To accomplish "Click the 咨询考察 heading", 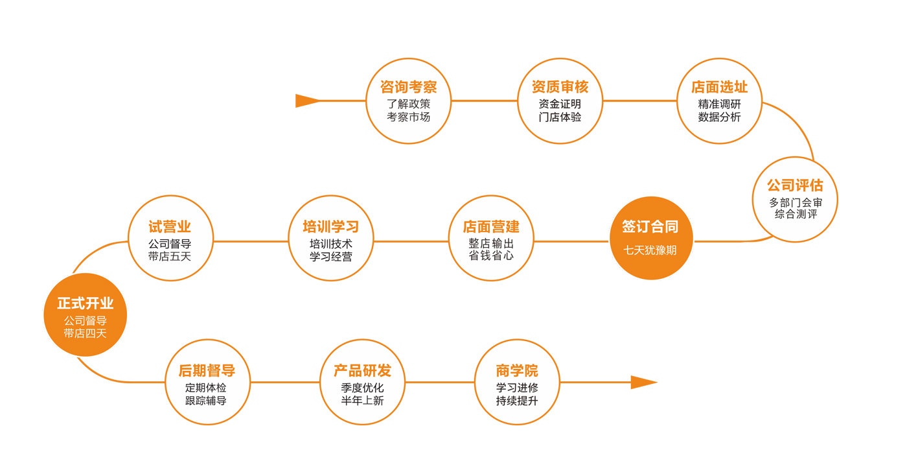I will [x=408, y=87].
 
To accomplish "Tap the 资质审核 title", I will [x=560, y=87].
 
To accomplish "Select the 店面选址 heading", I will [x=719, y=87].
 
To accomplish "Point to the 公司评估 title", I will [x=795, y=185].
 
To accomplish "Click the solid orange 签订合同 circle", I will [x=651, y=238].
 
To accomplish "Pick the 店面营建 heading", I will [x=491, y=227].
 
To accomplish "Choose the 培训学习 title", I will [x=330, y=227].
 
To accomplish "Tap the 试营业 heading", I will [x=170, y=227].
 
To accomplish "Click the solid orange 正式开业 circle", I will [x=85, y=315].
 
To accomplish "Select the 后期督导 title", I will [x=207, y=371].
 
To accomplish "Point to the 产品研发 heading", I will [x=362, y=371].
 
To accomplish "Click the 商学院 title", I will [x=517, y=371].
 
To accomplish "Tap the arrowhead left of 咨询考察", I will [x=307, y=101].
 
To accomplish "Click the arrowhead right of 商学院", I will [x=643, y=383].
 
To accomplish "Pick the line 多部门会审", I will [x=795, y=202].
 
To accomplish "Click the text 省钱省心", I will [x=491, y=256].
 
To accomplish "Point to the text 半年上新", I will [x=362, y=401].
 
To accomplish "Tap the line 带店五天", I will [x=170, y=256].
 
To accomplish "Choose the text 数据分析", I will [x=719, y=117].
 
